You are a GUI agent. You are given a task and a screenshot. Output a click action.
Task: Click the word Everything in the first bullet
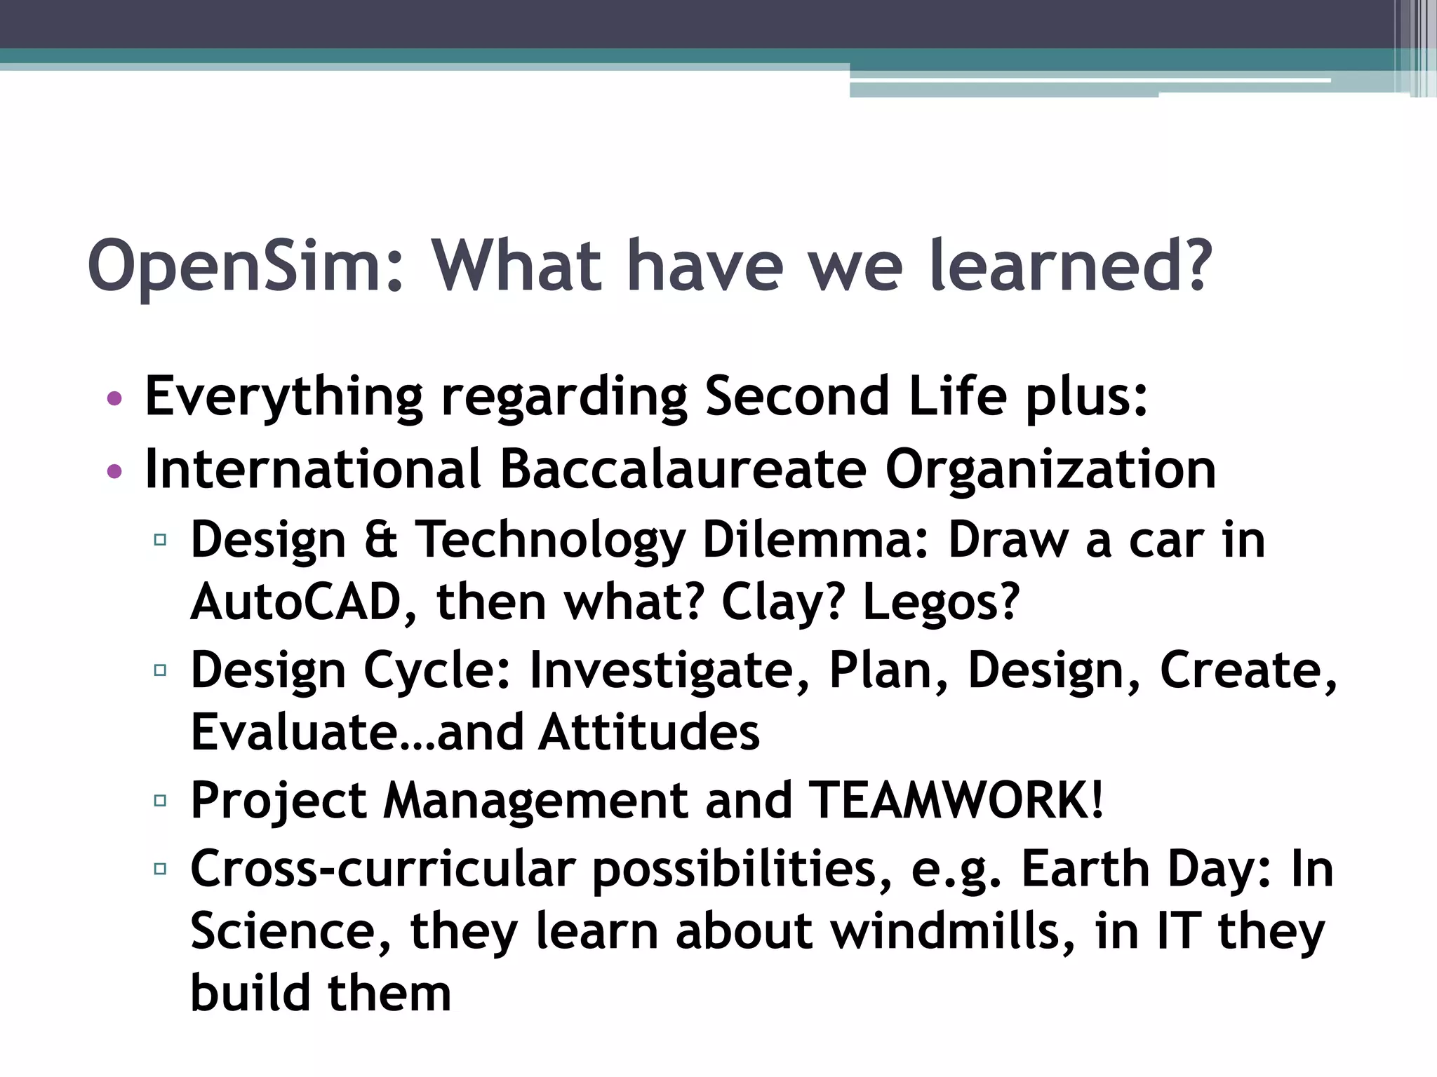point(283,397)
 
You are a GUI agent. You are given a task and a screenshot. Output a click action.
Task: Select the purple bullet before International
point(114,472)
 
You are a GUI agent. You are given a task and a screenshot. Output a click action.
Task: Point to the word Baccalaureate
point(683,469)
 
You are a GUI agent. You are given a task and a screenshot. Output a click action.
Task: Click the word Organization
point(1050,470)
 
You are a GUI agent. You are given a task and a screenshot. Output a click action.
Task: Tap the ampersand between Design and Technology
point(381,540)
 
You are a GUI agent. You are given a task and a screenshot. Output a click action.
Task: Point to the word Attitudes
point(650,733)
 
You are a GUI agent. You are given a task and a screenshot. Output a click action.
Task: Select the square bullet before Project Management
point(160,800)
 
